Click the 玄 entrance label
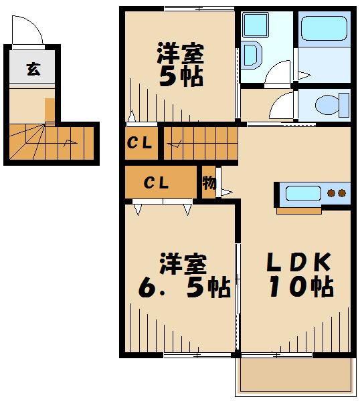tap(32, 69)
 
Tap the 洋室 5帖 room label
tap(180, 65)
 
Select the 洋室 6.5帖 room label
tap(182, 275)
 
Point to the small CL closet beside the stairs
tap(141, 142)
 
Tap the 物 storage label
tap(208, 183)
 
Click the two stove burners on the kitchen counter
tap(336, 194)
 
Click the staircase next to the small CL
tap(199, 142)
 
